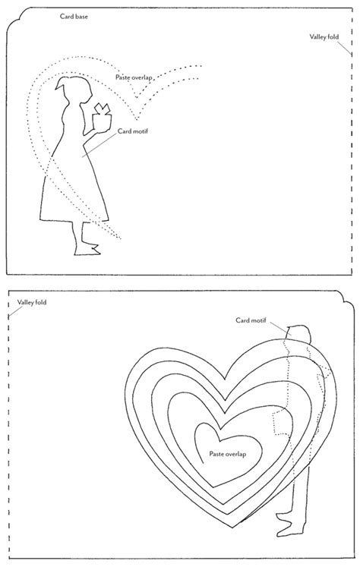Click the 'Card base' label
(74, 16)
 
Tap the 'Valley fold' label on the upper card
(324, 36)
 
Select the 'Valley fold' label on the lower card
(32, 302)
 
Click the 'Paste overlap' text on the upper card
(134, 77)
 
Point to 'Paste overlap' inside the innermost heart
(228, 454)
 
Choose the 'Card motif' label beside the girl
(133, 131)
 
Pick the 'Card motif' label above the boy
(251, 320)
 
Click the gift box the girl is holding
(102, 116)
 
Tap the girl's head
(74, 88)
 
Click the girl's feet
(87, 249)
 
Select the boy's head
(298, 334)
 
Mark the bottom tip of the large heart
(233, 528)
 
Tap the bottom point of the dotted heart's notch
(137, 119)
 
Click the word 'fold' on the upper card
(333, 36)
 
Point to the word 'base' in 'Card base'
(81, 16)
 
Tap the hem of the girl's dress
(74, 220)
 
